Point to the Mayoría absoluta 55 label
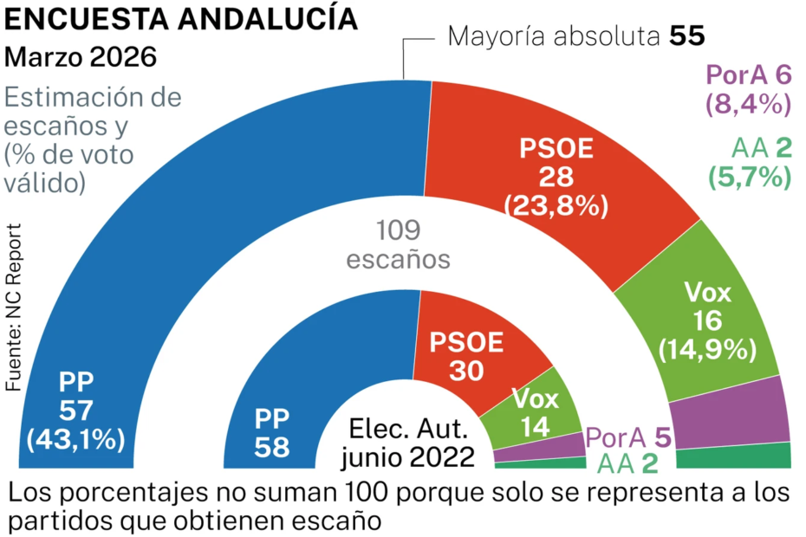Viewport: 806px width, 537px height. pos(576,36)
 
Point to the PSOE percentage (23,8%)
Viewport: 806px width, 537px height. pos(556,206)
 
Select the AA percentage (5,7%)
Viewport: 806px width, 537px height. pos(749,177)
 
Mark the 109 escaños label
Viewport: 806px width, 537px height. pos(399,244)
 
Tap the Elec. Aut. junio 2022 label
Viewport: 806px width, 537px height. pos(408,443)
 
